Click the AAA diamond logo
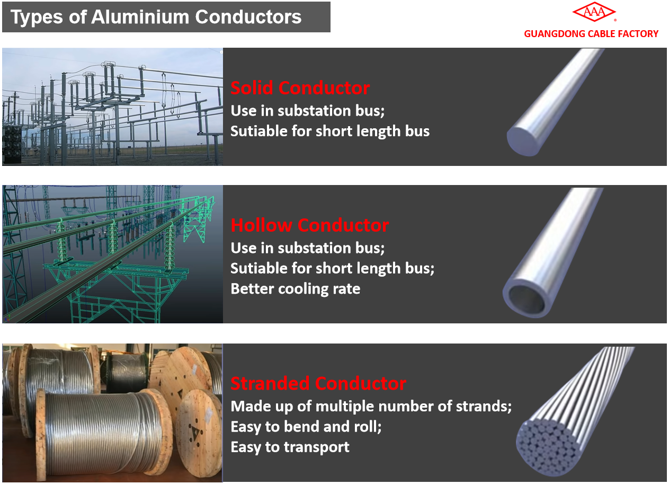point(594,12)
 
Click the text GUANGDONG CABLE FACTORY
point(591,34)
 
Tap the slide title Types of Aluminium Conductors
point(156,17)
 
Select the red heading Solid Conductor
point(300,88)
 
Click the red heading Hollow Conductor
point(310,225)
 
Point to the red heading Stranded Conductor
point(318,383)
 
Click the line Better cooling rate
point(296,289)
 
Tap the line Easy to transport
point(290,447)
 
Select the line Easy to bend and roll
point(306,427)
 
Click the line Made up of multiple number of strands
point(371,406)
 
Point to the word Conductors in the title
point(248,17)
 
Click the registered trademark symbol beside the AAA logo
point(616,20)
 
